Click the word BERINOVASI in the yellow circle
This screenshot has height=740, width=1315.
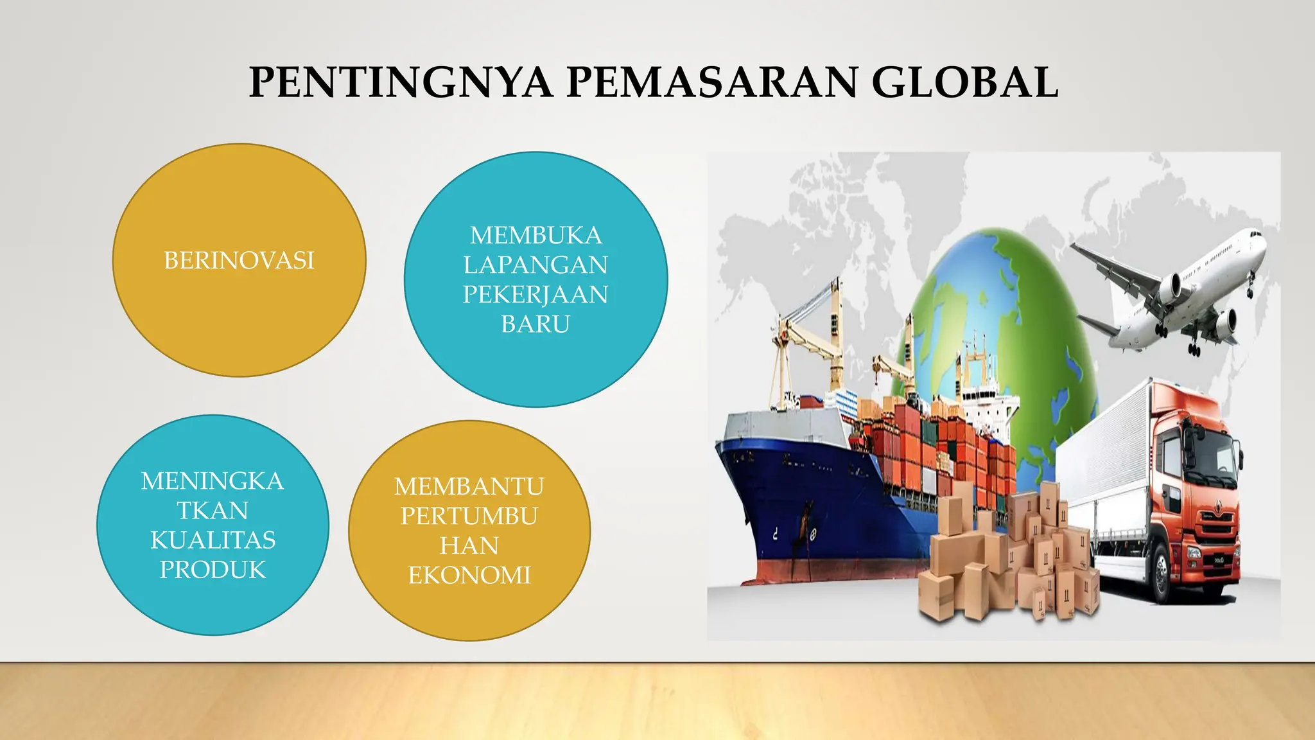(239, 261)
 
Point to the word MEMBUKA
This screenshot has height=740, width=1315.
(536, 236)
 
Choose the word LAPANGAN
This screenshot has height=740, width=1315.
(536, 265)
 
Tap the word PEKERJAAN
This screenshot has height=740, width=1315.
(536, 295)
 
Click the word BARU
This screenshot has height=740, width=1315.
(536, 324)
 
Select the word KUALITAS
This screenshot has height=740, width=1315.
(213, 540)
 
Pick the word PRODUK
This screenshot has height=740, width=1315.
(213, 570)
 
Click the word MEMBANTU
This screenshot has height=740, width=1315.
(469, 487)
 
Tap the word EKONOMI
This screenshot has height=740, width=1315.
(469, 576)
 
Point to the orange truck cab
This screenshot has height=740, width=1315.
(1194, 488)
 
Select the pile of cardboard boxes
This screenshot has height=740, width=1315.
(1008, 559)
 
